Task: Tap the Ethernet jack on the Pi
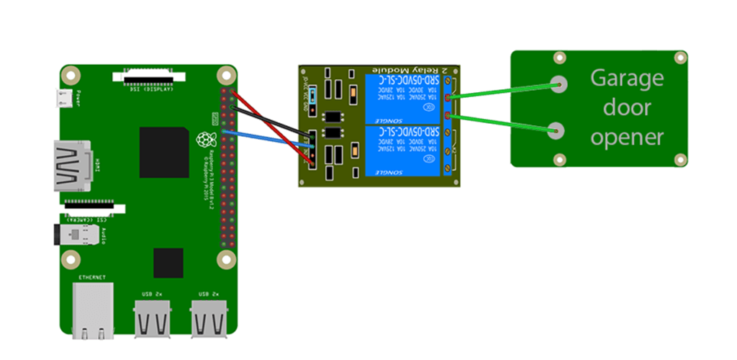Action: click(93, 309)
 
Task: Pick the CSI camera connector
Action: click(94, 207)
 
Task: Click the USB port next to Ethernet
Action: click(153, 318)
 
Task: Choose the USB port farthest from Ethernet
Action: click(209, 318)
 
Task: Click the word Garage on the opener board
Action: click(627, 78)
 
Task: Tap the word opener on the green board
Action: click(627, 136)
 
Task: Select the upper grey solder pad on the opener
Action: click(558, 84)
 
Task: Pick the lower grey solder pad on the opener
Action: click(556, 131)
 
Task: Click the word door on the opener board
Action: click(627, 107)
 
